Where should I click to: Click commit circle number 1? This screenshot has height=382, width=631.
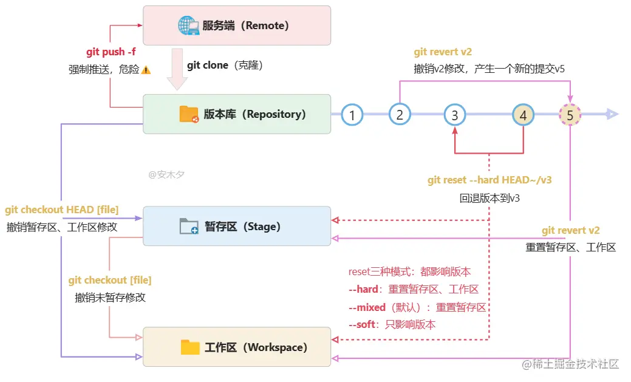coord(352,115)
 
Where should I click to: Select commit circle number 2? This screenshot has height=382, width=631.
coord(400,115)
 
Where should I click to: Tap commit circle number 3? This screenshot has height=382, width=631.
coord(455,115)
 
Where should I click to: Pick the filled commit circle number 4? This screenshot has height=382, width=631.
coord(523,115)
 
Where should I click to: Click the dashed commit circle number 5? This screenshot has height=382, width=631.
coord(570,115)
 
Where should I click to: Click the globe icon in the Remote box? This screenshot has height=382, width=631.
coord(188,26)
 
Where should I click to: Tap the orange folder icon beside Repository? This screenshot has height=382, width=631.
coord(189,114)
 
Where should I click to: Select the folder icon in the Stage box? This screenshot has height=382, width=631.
coord(189,226)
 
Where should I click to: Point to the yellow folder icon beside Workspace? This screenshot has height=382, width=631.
coord(190,347)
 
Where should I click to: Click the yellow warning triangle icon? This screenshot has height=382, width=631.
coord(146,70)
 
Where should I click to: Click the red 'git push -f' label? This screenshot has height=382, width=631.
coord(111,52)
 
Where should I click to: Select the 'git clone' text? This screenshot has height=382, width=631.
coord(208,65)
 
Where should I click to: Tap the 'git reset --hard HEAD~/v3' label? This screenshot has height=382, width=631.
coord(489,180)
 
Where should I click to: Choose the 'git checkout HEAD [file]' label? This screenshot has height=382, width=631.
coord(61,210)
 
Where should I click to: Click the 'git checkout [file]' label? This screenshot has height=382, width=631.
coord(110,280)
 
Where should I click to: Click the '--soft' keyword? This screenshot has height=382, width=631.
coord(362,324)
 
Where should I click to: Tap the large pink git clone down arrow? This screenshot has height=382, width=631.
coord(177,69)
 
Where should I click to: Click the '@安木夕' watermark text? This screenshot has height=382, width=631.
coord(166,175)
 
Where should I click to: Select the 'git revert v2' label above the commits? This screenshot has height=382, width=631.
coord(443,52)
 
